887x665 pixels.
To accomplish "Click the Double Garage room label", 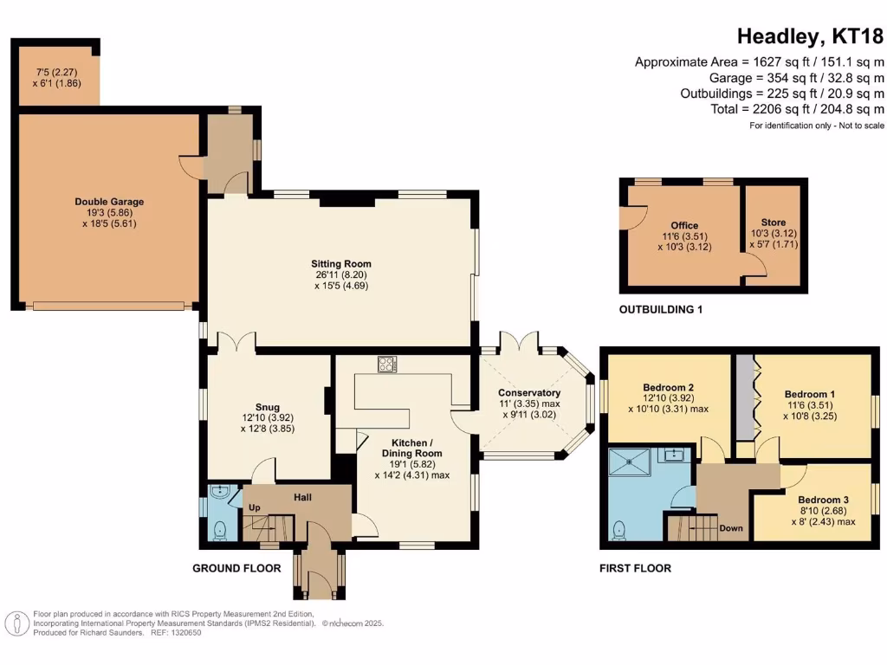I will point(109,202).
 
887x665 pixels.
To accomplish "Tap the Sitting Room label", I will point(341,264).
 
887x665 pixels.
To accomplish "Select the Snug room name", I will point(267,406).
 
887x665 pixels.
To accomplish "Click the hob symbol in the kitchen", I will point(386,365).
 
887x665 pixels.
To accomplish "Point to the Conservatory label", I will point(530,393).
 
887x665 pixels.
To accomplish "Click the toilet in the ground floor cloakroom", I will point(218,528).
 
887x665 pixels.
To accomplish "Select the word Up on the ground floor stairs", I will point(255,507).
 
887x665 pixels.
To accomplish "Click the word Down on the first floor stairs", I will point(731,527).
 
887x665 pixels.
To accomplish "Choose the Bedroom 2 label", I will point(669,387).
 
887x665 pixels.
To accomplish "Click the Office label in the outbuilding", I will point(684,226).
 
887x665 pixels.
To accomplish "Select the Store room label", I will point(774,223).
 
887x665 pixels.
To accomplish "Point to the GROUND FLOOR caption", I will point(236,569).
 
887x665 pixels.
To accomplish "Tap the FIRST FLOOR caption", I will point(635,569).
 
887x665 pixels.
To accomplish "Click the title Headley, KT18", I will point(810,36).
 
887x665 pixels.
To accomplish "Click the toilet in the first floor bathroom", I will point(620,528).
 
